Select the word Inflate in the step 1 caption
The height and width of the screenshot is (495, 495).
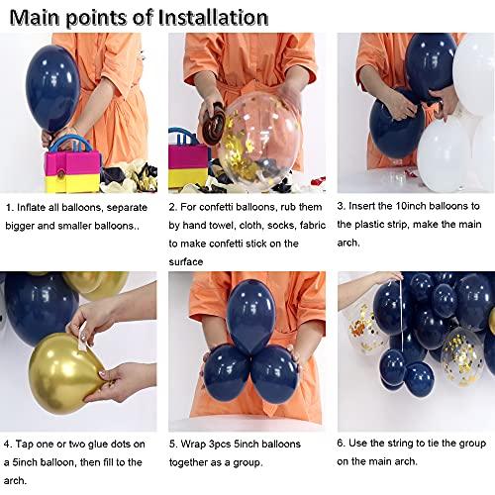38,207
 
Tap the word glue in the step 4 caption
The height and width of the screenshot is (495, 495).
104,444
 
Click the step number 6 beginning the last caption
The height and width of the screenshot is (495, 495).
341,444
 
